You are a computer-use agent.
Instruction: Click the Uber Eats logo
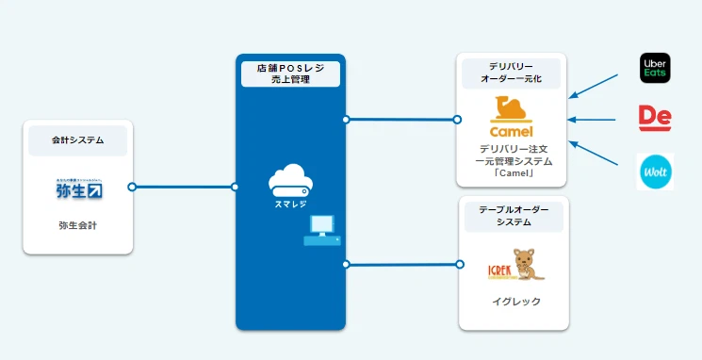654,67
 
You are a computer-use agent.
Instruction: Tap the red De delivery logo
653,118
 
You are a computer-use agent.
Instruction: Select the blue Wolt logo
654,172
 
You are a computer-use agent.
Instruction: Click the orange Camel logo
512,118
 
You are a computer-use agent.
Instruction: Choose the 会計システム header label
78,140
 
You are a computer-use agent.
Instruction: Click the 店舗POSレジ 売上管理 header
290,74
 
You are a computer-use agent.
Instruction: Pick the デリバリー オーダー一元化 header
512,73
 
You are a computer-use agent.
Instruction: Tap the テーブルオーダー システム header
513,217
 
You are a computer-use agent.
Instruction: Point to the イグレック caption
513,302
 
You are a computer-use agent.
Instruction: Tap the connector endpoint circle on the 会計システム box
132,187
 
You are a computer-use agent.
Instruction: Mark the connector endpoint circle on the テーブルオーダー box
459,264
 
